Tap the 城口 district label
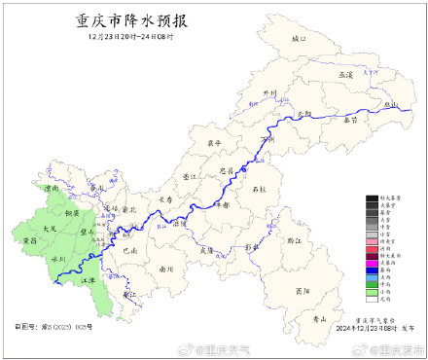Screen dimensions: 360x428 click(298, 40)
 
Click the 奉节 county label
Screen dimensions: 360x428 click(350, 120)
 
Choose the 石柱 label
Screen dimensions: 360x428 click(258, 188)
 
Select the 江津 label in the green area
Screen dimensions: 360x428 click(89, 280)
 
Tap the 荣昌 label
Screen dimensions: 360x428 click(28, 240)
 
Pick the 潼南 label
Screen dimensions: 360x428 click(53, 189)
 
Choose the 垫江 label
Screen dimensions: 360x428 click(191, 176)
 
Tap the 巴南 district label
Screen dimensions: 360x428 click(129, 250)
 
